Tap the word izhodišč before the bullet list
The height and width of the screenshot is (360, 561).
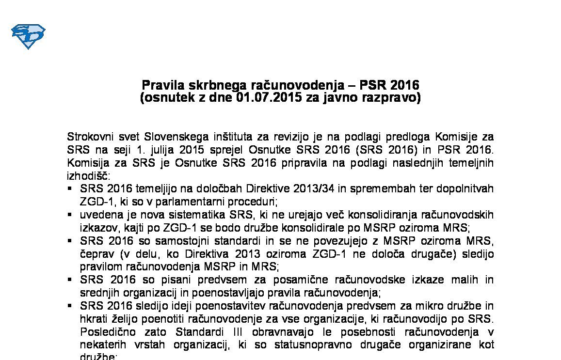coord(89,176)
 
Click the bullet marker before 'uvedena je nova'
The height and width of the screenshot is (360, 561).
coord(70,214)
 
